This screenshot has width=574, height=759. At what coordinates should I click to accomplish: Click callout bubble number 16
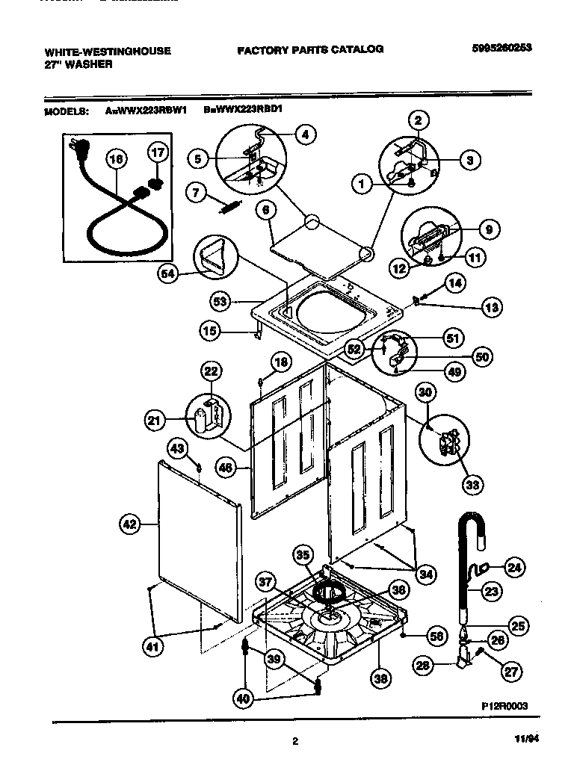[x=116, y=158]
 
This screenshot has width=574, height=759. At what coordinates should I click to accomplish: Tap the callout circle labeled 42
[x=130, y=524]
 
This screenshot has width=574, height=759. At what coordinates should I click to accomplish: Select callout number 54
[x=168, y=274]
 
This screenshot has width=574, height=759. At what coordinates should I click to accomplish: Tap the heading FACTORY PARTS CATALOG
[x=310, y=49]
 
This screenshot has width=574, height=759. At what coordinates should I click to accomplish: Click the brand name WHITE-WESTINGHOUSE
[x=108, y=52]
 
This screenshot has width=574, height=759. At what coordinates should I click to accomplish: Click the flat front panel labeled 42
[x=198, y=542]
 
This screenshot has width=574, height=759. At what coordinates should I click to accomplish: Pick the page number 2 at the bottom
[x=295, y=741]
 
